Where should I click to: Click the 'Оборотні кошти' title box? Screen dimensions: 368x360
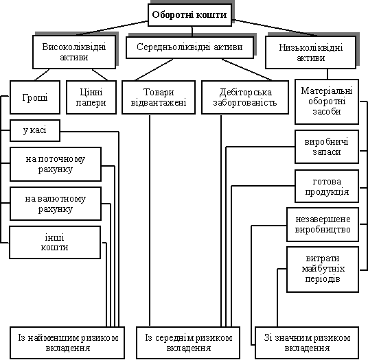click(189, 15)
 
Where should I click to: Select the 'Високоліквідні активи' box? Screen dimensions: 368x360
click(74, 52)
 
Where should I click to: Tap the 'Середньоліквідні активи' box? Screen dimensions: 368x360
click(190, 47)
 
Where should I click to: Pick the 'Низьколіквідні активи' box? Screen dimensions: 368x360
click(311, 53)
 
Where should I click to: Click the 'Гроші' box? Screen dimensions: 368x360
click(35, 97)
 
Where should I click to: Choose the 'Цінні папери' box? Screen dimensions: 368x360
click(91, 97)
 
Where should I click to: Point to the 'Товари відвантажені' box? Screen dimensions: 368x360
click(159, 97)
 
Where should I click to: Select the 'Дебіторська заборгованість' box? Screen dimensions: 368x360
click(245, 97)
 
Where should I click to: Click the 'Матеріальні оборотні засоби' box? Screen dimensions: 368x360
click(327, 101)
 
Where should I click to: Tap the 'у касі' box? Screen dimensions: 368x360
click(35, 130)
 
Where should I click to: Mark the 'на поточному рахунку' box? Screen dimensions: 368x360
click(56, 165)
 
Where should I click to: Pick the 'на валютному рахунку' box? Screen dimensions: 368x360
click(56, 204)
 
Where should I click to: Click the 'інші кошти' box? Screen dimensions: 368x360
click(55, 242)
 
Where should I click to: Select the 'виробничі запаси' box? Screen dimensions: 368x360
click(327, 147)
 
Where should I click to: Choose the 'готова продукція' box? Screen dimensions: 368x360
click(327, 187)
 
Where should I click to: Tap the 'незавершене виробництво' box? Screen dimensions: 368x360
click(323, 224)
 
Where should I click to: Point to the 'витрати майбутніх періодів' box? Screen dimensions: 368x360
click(323, 269)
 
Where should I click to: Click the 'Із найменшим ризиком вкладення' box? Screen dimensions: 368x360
click(67, 343)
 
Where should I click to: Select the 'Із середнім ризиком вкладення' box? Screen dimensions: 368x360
click(188, 343)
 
